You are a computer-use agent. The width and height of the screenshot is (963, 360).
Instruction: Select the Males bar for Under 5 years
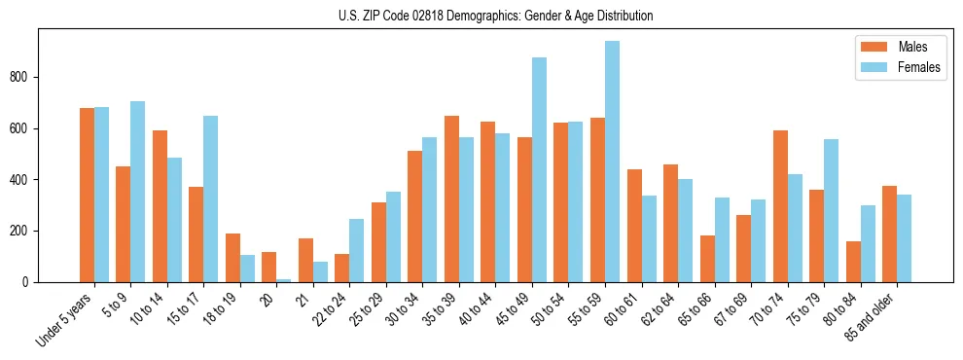pyautogui.click(x=87, y=196)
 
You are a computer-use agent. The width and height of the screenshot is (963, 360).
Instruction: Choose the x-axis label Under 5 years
pyautogui.click(x=65, y=318)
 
